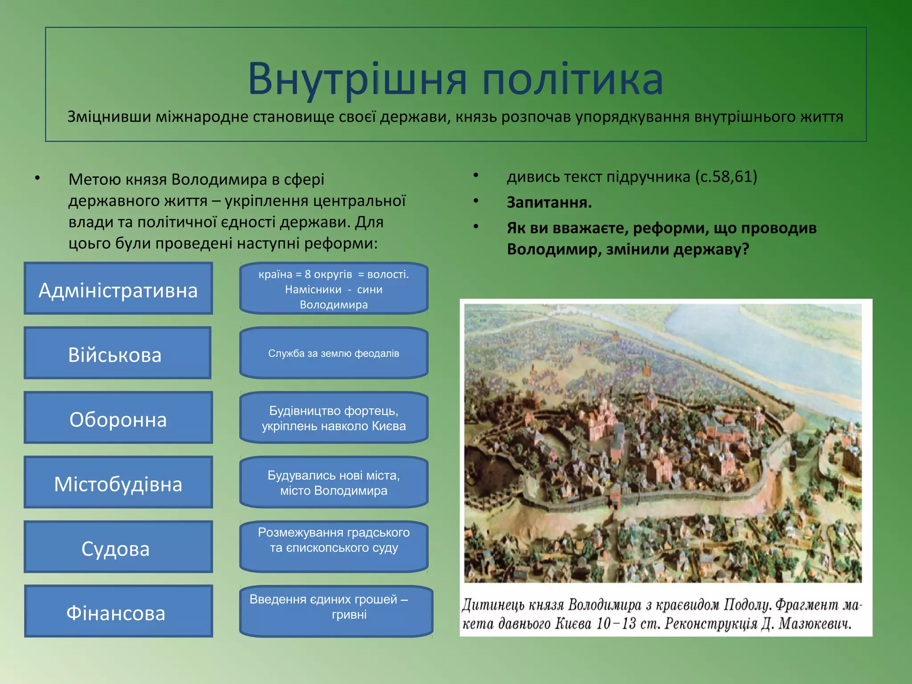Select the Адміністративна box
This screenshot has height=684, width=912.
tap(118, 289)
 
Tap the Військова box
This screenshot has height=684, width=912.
tap(118, 353)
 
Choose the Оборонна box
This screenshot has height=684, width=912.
tap(118, 418)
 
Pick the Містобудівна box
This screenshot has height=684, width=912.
tap(118, 482)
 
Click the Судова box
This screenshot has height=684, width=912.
tap(118, 547)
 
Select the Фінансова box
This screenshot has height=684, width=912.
tap(118, 611)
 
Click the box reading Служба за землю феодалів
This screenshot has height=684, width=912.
tap(334, 353)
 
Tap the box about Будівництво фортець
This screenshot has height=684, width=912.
tap(334, 418)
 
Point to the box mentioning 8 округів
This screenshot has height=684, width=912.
tap(334, 289)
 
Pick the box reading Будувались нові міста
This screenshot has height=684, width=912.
tap(334, 482)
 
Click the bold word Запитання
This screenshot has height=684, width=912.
tap(549, 203)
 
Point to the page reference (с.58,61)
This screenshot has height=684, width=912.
tap(726, 177)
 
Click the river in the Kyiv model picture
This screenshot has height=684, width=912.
tap(757, 338)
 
